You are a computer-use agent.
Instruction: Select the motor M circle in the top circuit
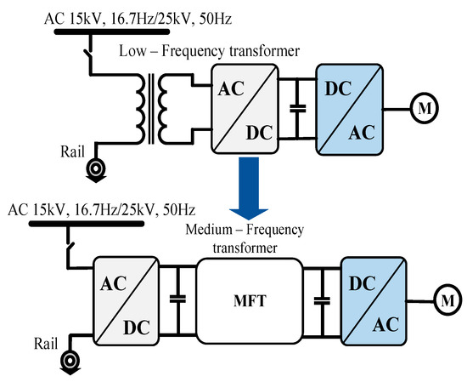pos(422,107)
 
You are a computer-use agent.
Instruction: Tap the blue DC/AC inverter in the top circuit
pos(349,107)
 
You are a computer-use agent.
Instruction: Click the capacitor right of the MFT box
pos(321,301)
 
